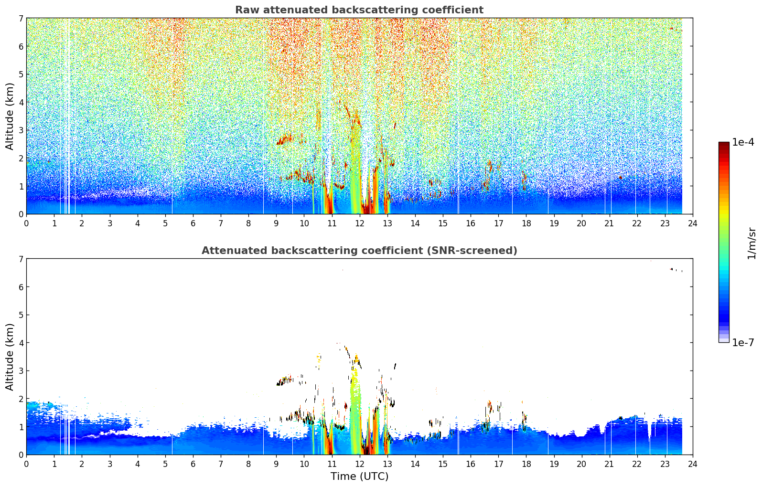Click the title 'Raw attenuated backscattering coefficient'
click(359, 10)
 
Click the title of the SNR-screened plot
click(359, 250)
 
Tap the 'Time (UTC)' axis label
click(359, 476)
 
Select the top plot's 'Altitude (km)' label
click(10, 116)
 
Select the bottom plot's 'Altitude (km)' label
click(10, 357)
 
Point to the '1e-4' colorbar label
click(743, 142)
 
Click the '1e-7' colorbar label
click(743, 342)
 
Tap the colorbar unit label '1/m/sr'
click(751, 244)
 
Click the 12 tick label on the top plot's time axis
click(360, 223)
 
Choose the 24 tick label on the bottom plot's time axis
click(693, 464)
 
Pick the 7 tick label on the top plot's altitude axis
click(21, 18)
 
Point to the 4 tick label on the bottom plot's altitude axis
click(21, 343)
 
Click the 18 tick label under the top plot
click(526, 223)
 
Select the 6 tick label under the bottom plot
click(193, 464)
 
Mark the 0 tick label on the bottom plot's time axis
click(27, 464)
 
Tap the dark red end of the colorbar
click(724, 144)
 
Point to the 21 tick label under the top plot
click(609, 223)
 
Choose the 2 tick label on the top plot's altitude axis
click(21, 159)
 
